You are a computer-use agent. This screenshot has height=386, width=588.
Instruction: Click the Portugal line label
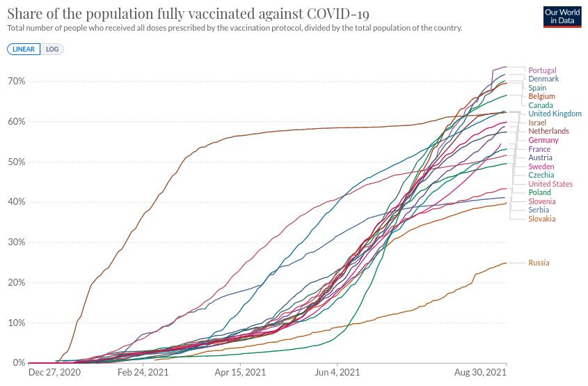tap(542, 70)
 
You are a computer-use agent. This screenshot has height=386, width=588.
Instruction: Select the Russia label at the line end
tap(539, 263)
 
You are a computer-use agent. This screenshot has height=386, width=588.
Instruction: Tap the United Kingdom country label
tap(555, 114)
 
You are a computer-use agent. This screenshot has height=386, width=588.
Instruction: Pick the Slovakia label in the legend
tap(541, 219)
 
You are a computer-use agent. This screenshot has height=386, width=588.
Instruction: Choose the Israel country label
tap(537, 123)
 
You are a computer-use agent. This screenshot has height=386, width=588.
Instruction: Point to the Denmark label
tap(543, 79)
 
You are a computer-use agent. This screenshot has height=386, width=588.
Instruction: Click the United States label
tap(550, 184)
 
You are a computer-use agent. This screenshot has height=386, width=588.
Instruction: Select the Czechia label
tap(541, 175)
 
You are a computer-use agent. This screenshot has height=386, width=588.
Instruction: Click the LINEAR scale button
tap(24, 49)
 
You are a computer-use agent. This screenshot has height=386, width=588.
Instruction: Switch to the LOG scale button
tap(52, 49)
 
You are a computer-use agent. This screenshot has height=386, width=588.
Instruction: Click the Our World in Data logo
tap(562, 17)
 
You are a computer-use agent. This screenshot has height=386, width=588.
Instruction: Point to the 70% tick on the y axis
tap(17, 82)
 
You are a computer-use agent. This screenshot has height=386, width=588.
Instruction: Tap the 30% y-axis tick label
tap(17, 242)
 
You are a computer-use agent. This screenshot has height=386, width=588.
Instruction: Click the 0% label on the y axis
tap(19, 363)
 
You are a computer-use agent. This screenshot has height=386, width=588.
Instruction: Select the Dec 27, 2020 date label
tap(54, 373)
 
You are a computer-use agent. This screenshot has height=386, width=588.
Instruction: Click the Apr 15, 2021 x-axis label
tap(239, 373)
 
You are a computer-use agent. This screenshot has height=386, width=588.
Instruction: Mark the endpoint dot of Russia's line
tap(507, 263)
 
